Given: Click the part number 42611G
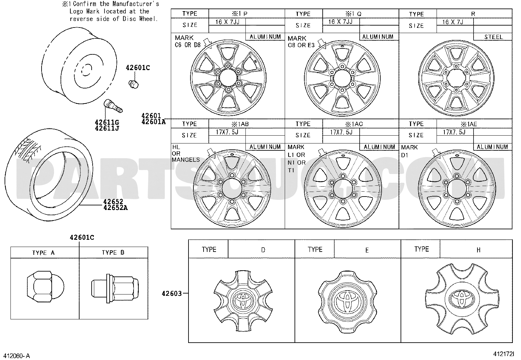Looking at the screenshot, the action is coord(107,122).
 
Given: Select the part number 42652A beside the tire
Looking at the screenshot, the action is coord(116,207).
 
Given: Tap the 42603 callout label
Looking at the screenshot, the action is coord(172,294).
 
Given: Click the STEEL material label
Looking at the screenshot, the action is coord(494,37).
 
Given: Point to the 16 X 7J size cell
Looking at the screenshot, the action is coord(453,22).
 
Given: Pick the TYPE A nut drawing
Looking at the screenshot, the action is coord(45,287).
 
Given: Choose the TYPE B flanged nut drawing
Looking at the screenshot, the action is coord(115,288).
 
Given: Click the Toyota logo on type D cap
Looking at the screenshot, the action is coord(243,301).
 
